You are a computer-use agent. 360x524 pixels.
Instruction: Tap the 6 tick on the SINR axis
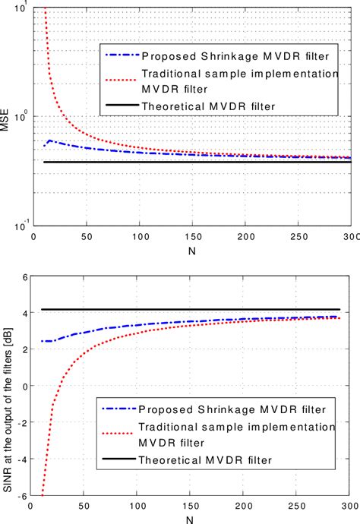pyautogui.click(x=24, y=277)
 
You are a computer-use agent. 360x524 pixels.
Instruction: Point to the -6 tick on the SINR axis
pyautogui.click(x=22, y=495)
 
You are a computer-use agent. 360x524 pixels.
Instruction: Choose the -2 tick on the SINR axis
pyautogui.click(x=22, y=422)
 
